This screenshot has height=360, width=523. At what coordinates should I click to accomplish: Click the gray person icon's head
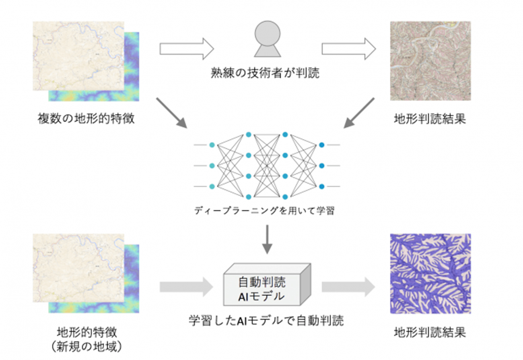pos(268,33)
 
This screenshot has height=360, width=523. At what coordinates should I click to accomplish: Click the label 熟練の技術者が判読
pos(265,73)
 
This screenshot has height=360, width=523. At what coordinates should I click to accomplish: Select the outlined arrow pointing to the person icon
pos(187,49)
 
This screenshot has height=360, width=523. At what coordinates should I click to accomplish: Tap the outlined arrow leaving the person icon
pos(349,49)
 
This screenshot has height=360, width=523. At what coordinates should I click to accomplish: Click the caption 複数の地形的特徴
pos(86,118)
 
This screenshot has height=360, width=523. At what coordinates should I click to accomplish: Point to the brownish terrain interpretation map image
pos(430,61)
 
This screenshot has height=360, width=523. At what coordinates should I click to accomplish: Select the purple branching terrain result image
pos(430,273)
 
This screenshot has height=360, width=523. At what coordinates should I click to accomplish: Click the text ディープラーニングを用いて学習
pos(265,210)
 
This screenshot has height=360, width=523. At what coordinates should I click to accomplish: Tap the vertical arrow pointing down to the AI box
pos(267,239)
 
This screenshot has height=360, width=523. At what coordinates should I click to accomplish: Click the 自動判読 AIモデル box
pos(267,285)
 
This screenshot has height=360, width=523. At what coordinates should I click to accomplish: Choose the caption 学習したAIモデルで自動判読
pos(266,320)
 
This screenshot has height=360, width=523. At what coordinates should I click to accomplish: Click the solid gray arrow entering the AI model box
pos(186,287)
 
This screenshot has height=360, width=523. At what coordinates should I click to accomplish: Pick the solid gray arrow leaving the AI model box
pos(348,287)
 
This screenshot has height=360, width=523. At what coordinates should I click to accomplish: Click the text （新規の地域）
pos(86,346)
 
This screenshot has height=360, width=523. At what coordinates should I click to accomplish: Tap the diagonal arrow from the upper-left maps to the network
pos(172,113)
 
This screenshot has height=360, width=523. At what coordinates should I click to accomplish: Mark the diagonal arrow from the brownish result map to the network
pos(359,113)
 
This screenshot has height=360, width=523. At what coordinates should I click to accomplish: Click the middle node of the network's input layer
pos(212,166)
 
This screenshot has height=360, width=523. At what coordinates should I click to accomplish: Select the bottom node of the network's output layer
pos(322,186)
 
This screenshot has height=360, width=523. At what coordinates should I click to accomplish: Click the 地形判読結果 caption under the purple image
pos(430,332)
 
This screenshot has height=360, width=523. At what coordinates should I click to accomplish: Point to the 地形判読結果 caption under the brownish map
pos(430,119)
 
